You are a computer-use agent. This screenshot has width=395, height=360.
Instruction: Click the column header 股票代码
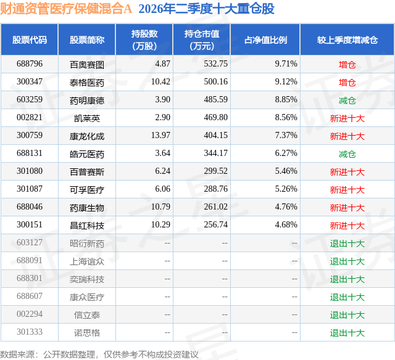tap(30, 40)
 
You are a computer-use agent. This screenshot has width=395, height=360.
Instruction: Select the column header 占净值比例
tap(265, 40)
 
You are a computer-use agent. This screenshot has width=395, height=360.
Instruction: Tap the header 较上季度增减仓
tap(347, 40)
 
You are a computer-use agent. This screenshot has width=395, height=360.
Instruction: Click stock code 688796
tap(30, 63)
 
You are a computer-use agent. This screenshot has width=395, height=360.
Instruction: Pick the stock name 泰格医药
tap(87, 83)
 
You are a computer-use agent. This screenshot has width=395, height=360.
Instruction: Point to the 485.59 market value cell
tap(215, 99)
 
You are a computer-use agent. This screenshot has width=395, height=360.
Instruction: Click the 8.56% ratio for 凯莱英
tap(286, 117)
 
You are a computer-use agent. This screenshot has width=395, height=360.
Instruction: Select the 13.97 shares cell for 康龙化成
tap(160, 135)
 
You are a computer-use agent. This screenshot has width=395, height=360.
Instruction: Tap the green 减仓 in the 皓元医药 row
tap(347, 154)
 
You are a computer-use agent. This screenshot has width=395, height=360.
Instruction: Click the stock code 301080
tap(30, 171)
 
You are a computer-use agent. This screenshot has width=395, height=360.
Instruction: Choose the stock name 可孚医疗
tap(87, 190)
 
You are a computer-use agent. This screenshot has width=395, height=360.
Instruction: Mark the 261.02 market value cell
tap(215, 207)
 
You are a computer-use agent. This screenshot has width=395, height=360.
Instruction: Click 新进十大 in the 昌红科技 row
tap(347, 226)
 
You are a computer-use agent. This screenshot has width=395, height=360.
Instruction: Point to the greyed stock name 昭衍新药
tap(87, 243)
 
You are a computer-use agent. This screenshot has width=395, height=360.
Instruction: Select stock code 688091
tap(30, 260)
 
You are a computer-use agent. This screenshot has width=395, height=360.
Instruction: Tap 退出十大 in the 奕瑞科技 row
tap(347, 279)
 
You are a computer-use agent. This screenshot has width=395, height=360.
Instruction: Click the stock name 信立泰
tap(87, 315)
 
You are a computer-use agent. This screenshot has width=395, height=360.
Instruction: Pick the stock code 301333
tap(30, 332)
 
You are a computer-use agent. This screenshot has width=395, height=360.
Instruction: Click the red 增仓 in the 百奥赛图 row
tap(347, 65)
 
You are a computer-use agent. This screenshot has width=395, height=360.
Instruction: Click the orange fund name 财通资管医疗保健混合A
tap(66, 9)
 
